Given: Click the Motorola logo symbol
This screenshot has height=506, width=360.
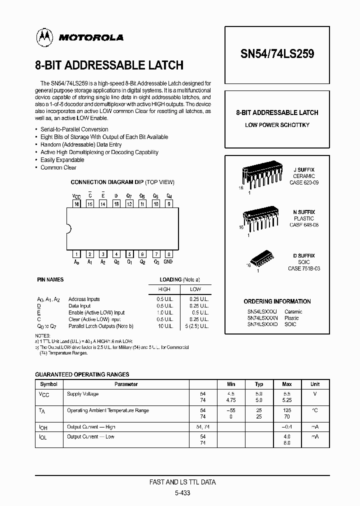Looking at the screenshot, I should [43, 36].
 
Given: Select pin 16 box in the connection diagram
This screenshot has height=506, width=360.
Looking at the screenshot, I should [77, 204].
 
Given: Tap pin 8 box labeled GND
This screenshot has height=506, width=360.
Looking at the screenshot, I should [168, 254].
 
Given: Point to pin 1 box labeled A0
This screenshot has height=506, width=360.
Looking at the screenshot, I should [77, 254].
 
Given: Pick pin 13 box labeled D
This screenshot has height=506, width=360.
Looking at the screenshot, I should [116, 204].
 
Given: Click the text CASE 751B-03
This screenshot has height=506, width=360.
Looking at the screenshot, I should [304, 268].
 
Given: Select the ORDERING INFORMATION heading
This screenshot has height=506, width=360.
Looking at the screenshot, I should [277, 301].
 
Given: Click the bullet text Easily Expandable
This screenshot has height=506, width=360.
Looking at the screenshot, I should [62, 160].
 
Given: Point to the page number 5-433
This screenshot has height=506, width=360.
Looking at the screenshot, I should [182, 492].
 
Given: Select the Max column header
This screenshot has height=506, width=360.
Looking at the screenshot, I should [287, 384].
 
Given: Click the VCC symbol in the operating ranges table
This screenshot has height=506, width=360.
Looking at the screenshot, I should [43, 394].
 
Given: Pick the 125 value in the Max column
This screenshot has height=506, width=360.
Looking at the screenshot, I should [287, 410].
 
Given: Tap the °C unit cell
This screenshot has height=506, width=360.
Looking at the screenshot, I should [315, 410].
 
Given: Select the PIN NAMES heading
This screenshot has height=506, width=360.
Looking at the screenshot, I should [51, 279].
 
